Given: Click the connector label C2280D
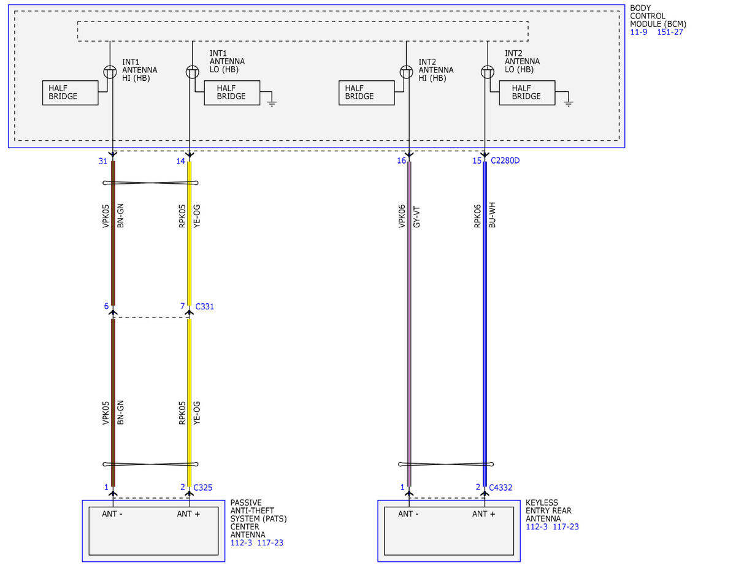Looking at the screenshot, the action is point(505,161).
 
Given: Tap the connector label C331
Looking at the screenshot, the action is point(205,306).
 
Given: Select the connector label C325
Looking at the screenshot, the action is point(203,488).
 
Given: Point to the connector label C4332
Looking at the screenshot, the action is point(500,488).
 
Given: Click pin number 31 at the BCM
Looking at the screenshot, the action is point(103,161).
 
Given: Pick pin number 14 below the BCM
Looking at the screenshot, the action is point(180,161).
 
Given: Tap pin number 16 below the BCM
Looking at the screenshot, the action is point(401,161).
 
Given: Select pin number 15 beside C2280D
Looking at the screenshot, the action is point(477,161).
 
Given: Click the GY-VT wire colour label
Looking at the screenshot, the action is point(416,216).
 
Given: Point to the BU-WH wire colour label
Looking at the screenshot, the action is point(492,215).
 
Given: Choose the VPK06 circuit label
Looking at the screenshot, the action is point(402,216).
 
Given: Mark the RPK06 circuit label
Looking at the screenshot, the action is point(477,216).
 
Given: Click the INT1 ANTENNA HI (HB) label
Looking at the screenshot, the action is point(140,70).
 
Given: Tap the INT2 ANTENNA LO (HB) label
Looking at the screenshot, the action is point(522,61).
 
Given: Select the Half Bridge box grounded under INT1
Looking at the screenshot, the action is point(232,93).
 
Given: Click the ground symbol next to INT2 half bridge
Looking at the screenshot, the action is point(569,103).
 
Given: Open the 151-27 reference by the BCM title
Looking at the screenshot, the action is point(670,32).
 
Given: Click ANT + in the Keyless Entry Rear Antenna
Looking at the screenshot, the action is point(484,514).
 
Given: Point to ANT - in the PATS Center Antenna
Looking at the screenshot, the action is point(112,514).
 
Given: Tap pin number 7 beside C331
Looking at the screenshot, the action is point(183,306).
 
